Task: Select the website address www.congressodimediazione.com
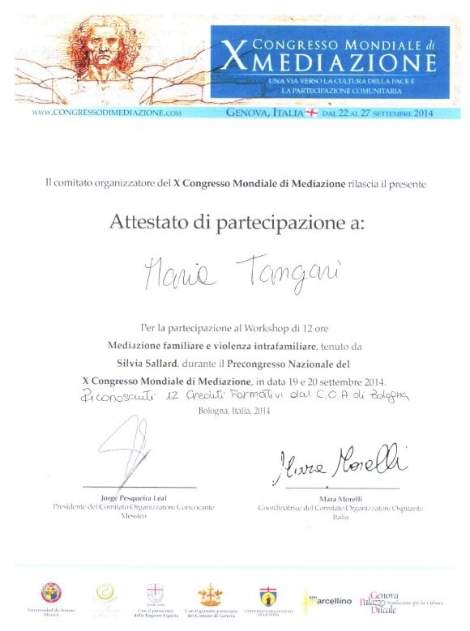(106, 114)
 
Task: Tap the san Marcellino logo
(328, 600)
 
